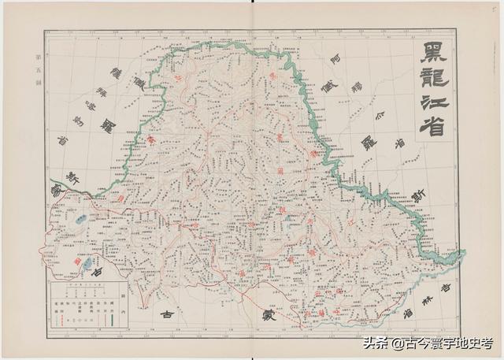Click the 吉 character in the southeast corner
tap(447, 289)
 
